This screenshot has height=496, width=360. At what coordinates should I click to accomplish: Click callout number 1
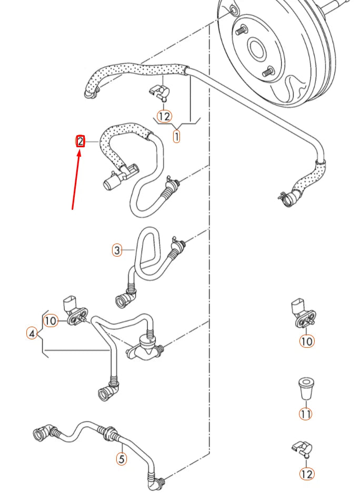[x=176, y=136]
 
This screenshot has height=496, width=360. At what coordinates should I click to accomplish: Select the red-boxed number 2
[x=80, y=141]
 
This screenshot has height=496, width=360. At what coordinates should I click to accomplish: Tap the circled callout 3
[x=117, y=250]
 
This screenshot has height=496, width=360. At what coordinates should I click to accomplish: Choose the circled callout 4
[x=32, y=333]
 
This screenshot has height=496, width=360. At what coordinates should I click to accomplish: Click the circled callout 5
[x=121, y=459]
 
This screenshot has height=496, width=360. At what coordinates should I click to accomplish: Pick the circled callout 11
[x=306, y=414]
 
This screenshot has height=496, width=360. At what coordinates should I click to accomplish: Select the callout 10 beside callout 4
[x=51, y=320]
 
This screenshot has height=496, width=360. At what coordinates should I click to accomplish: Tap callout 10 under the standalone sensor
[x=306, y=341]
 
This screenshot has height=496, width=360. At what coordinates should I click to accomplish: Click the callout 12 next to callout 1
[x=164, y=116]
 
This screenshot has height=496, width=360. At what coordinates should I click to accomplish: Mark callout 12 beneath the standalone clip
[x=307, y=474]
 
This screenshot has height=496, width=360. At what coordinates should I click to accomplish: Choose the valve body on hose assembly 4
[x=143, y=349]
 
